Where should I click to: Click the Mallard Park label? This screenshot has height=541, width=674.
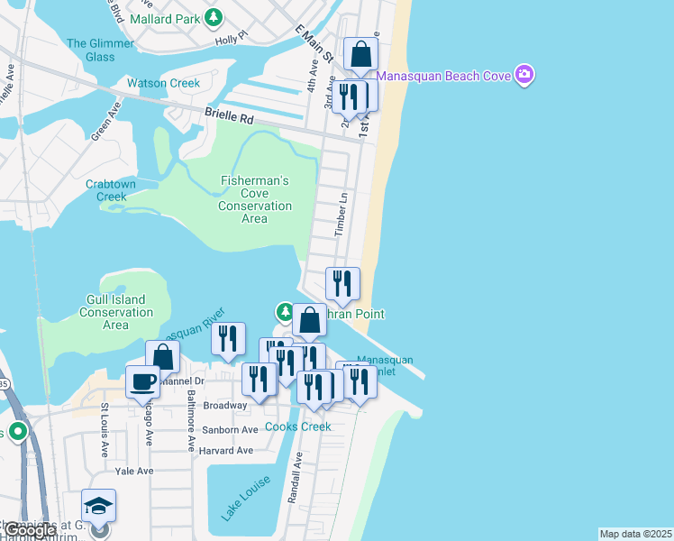[x=166, y=18]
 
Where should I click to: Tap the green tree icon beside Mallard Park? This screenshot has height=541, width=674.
[x=214, y=17]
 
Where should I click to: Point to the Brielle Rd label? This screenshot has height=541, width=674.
[x=230, y=116]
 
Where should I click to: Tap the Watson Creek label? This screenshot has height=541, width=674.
[x=163, y=83]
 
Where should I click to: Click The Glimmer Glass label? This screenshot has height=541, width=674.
[x=90, y=50]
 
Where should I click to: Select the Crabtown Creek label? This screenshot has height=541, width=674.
[x=112, y=190]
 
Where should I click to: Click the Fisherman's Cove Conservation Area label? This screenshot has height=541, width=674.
[x=255, y=199]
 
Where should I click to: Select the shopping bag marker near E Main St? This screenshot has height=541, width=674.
[x=360, y=55]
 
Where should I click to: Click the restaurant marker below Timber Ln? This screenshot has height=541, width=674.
[x=342, y=284]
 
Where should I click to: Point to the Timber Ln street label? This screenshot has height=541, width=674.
[x=341, y=215]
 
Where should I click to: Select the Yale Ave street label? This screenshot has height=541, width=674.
[x=134, y=471]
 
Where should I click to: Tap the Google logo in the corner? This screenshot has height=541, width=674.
[x=29, y=531]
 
